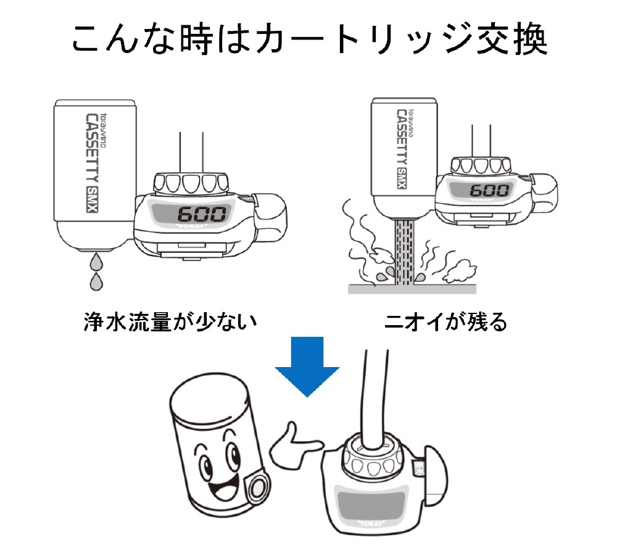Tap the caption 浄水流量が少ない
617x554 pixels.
tap(169, 321)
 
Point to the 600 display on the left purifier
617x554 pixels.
tap(201, 215)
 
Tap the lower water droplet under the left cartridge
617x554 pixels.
tap(96, 283)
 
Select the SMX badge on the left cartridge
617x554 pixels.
tap(93, 199)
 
